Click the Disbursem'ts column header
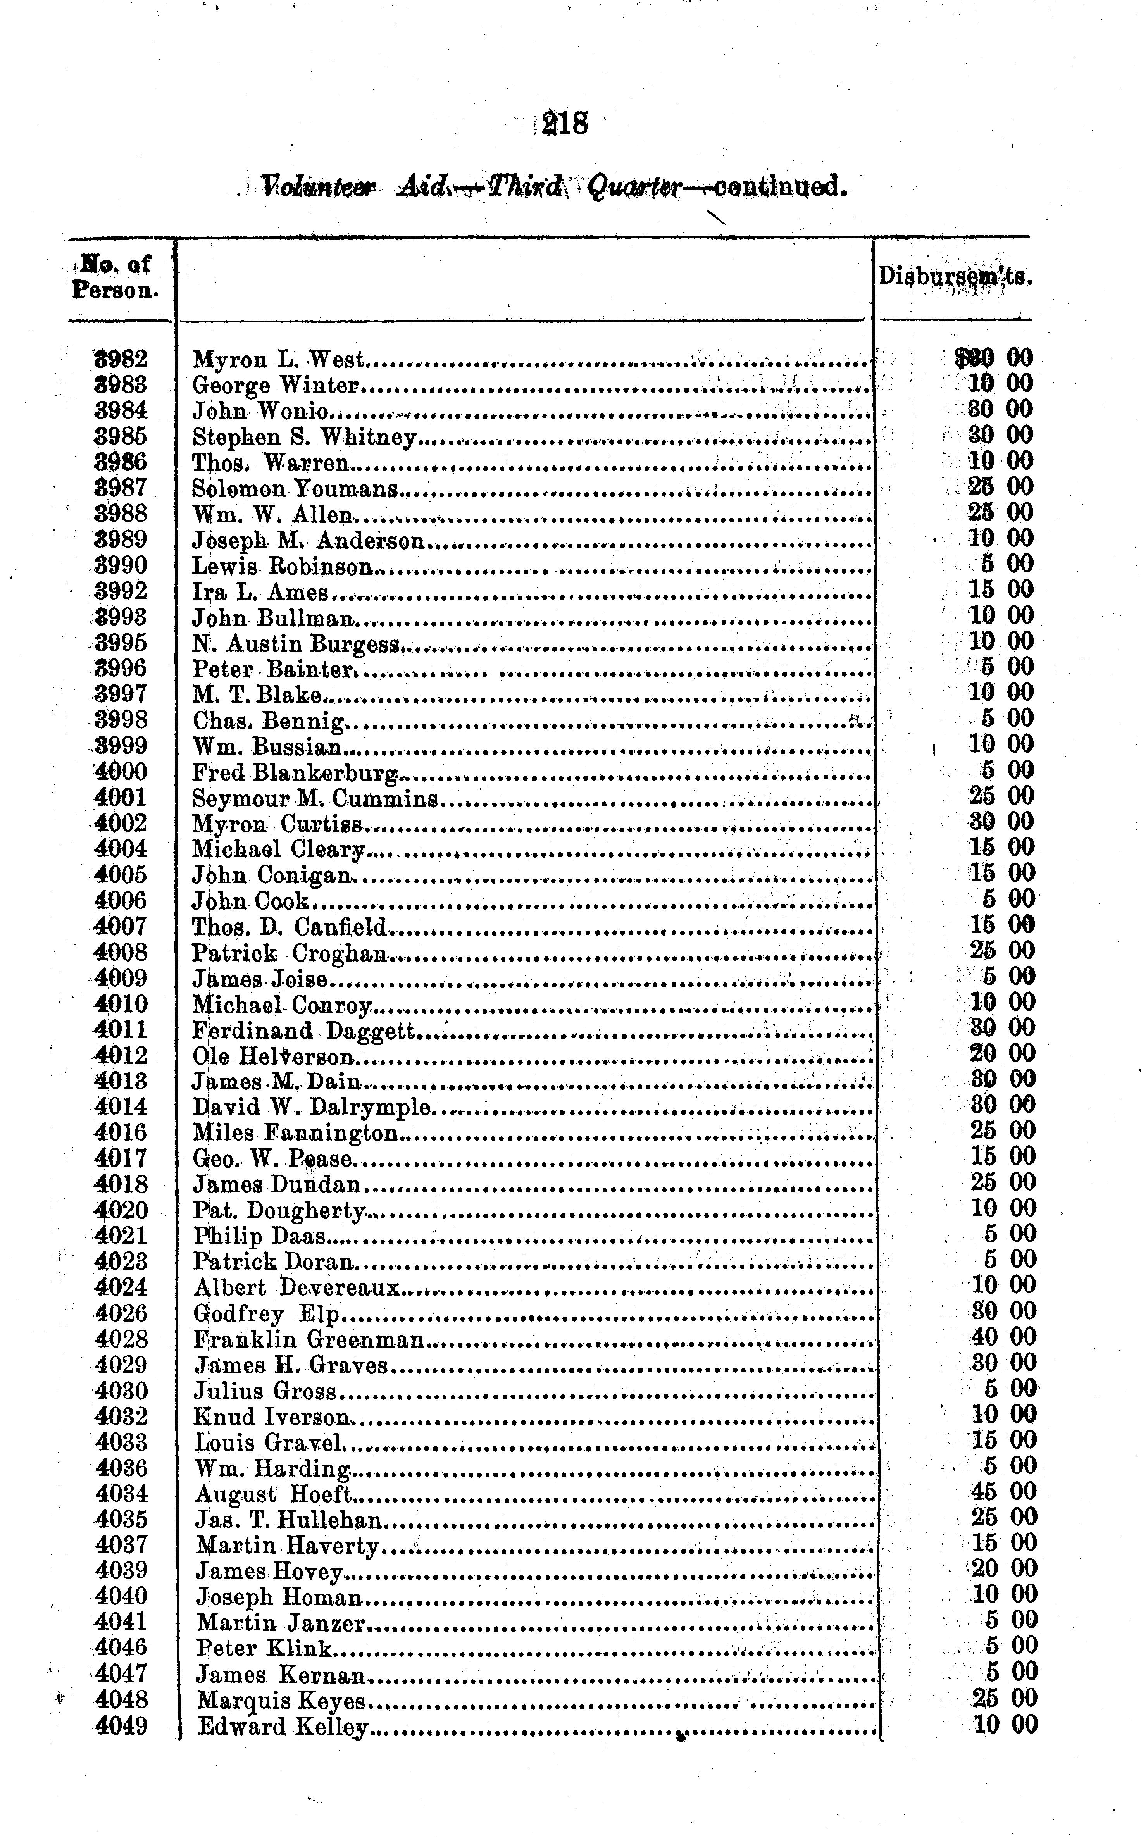click(955, 277)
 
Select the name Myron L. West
click(278, 359)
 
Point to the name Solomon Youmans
click(295, 488)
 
